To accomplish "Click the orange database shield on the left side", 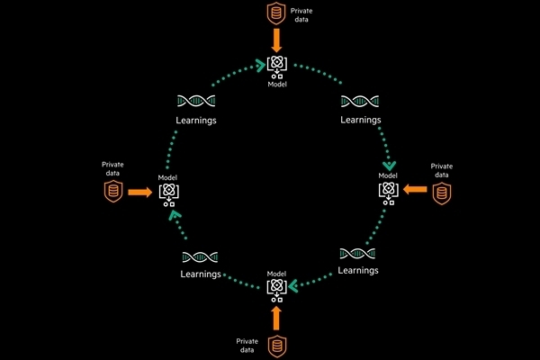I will [x=112, y=192].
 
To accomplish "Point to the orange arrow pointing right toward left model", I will [x=139, y=192].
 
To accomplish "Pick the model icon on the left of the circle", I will [x=168, y=192].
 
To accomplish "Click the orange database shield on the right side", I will [x=440, y=192].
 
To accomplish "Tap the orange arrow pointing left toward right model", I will [x=414, y=190].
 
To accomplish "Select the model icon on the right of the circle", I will [x=388, y=191].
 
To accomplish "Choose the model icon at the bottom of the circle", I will [x=277, y=288].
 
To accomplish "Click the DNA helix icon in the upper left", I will [x=195, y=103].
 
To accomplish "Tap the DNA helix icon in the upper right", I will [x=360, y=103].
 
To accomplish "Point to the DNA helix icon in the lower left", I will [x=200, y=258].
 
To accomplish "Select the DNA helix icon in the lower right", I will [x=357, y=255].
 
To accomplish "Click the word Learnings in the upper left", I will [x=196, y=120].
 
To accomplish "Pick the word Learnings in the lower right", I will [x=357, y=270].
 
